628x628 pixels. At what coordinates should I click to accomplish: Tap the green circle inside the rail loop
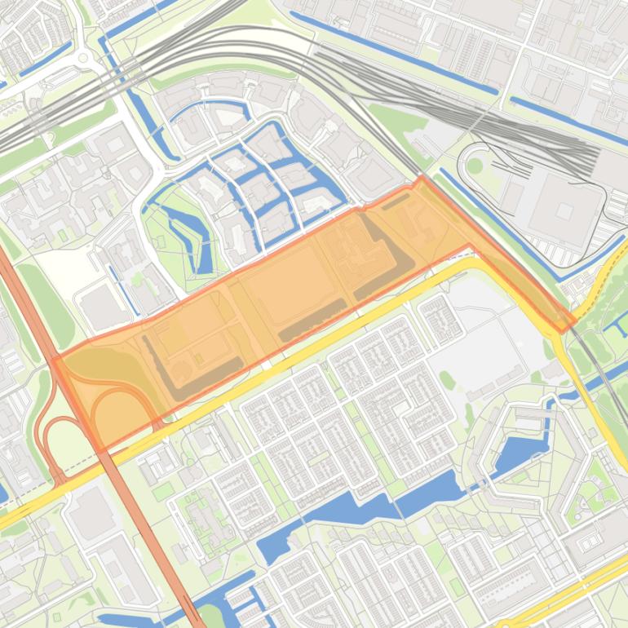point(475,166)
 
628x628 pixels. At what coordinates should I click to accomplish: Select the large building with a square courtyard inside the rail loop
point(564,210)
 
